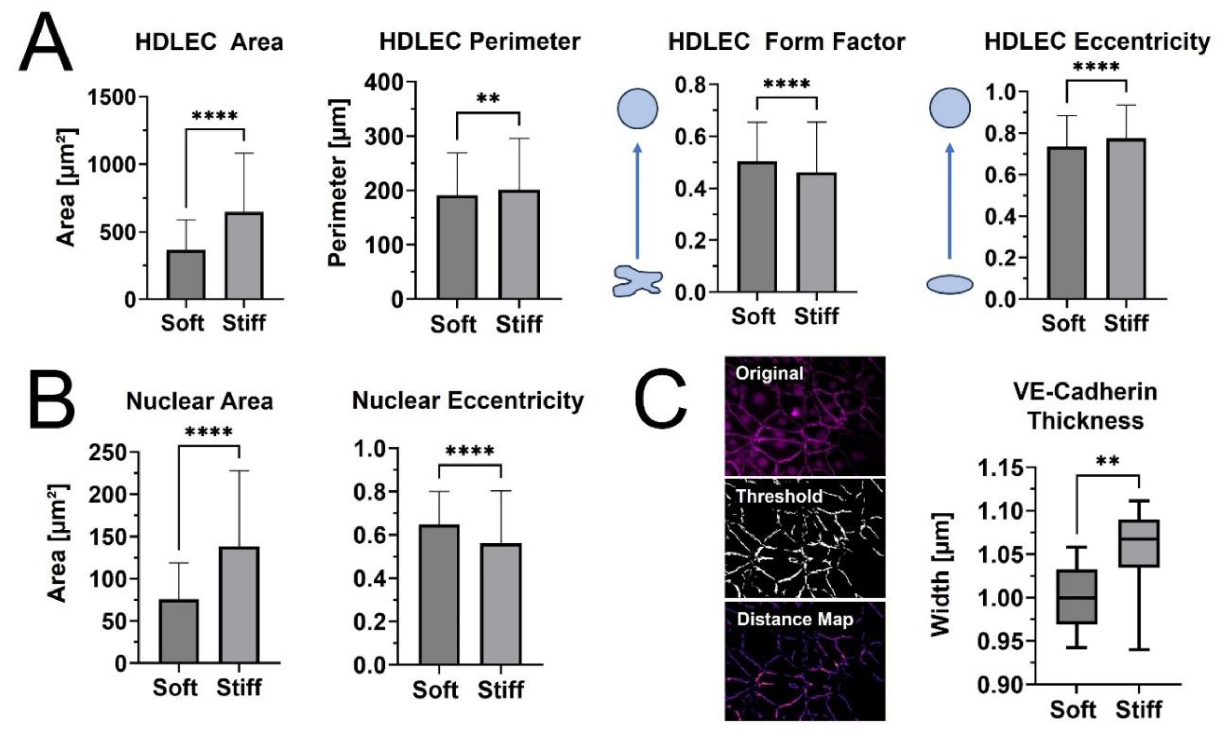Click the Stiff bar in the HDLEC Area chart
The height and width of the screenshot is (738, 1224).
coord(244,256)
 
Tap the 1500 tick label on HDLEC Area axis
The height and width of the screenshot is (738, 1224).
coord(112,97)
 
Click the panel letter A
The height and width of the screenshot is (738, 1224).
coord(46,44)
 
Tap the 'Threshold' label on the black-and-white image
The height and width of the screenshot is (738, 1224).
coord(779,496)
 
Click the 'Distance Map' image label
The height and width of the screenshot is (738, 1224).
coord(795,619)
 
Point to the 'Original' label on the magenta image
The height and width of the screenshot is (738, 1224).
coord(769,373)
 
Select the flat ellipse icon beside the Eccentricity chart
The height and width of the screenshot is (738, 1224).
coord(949,284)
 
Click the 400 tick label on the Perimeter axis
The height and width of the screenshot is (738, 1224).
coord(383,82)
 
